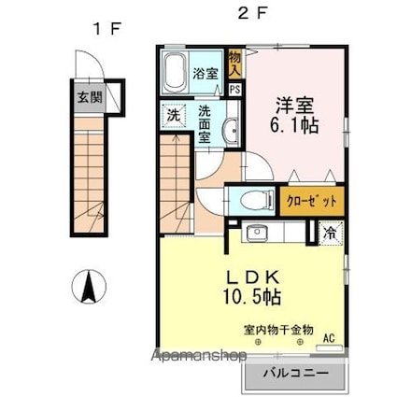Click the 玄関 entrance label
[x=90, y=98]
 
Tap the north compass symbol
[x=89, y=287]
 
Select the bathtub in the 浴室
[x=176, y=74]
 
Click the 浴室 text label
[x=206, y=74]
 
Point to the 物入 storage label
[x=234, y=64]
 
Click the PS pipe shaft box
[x=235, y=90]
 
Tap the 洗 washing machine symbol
[x=174, y=116]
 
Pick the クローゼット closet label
[x=312, y=201]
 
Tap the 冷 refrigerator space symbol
[x=331, y=233]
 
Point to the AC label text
[x=329, y=338]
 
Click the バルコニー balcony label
[x=296, y=373]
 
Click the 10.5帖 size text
[x=252, y=296]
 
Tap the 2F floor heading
[x=252, y=13]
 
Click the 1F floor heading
[x=107, y=29]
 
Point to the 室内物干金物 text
[x=278, y=330]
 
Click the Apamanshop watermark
[x=199, y=355]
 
